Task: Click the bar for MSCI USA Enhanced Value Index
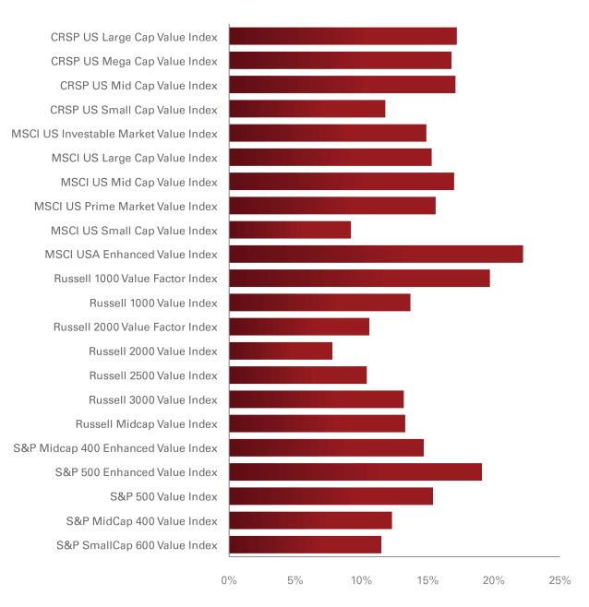pyautogui.click(x=376, y=255)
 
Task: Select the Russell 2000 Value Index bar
pyautogui.click(x=281, y=351)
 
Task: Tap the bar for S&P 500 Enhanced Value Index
pyautogui.click(x=355, y=472)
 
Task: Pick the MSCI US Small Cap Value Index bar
pyautogui.click(x=290, y=231)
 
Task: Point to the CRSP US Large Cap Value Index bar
pyautogui.click(x=343, y=37)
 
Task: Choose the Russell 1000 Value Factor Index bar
pyautogui.click(x=359, y=279)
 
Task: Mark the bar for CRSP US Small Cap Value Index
pyautogui.click(x=307, y=110)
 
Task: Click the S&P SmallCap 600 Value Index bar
pyautogui.click(x=305, y=545)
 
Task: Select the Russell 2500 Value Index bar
pyautogui.click(x=297, y=375)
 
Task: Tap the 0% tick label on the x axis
pyautogui.click(x=229, y=581)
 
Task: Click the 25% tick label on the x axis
pyautogui.click(x=559, y=581)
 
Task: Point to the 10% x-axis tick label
pyautogui.click(x=361, y=581)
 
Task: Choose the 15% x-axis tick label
pyautogui.click(x=427, y=581)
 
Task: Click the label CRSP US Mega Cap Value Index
pyautogui.click(x=134, y=62)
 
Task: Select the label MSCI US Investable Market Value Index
pyautogui.click(x=114, y=134)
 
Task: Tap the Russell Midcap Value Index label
pyautogui.click(x=147, y=424)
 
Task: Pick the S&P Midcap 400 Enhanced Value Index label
pyautogui.click(x=115, y=448)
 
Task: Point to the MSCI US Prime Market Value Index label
pyautogui.click(x=126, y=207)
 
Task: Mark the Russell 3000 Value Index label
pyautogui.click(x=153, y=400)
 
